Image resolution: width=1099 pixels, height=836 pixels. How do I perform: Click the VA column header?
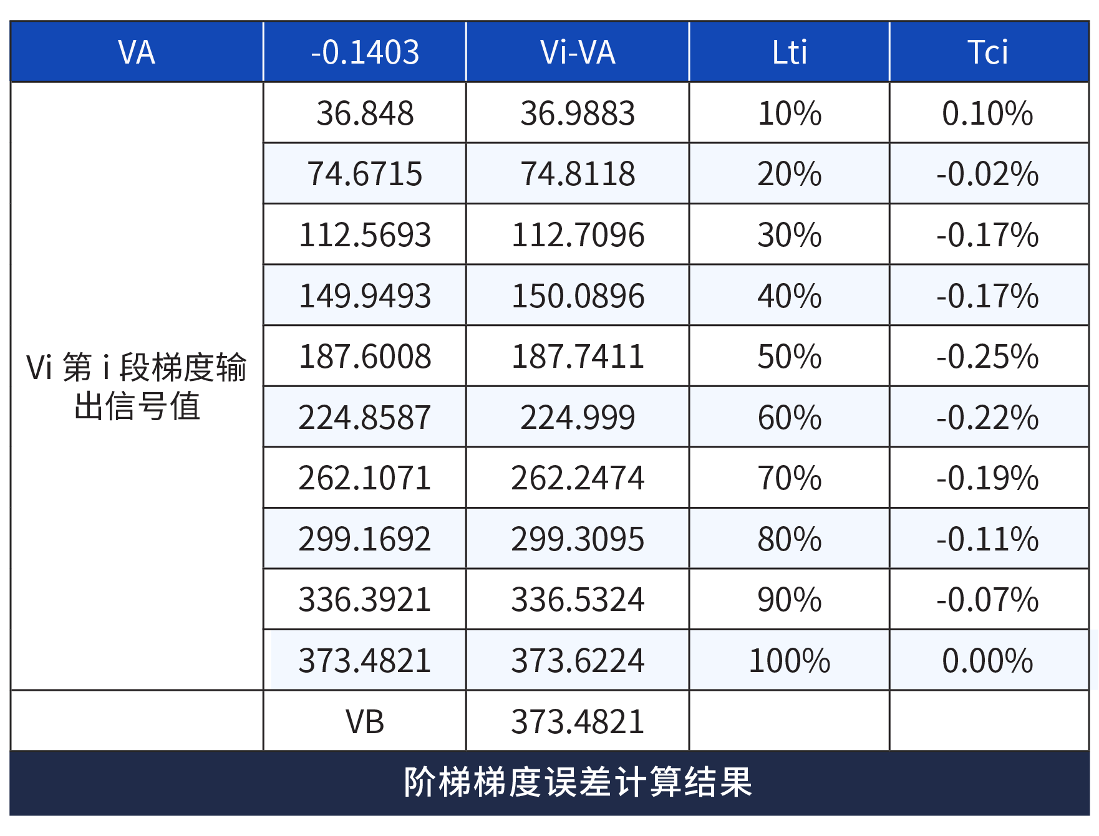coord(137,52)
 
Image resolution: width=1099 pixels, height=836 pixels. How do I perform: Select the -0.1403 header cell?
coord(365,52)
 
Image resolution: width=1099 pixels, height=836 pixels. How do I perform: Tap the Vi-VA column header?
coord(578,52)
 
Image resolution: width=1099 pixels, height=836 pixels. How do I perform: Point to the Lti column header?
coord(789,52)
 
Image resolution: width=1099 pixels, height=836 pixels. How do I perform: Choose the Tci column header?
coord(988,52)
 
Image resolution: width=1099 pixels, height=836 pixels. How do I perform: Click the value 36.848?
coord(365,113)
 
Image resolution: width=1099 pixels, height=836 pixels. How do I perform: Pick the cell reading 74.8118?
coord(578,174)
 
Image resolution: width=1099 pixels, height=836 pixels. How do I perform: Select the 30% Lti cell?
coord(789,235)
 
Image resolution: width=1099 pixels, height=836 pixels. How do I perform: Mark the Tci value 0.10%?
coord(988,113)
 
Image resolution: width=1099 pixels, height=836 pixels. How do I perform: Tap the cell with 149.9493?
coord(365,295)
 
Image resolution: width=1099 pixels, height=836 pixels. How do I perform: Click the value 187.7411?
coord(578,357)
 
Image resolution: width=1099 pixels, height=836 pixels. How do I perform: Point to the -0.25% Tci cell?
coord(988,357)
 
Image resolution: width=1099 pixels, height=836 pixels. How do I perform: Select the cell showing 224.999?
coord(578,417)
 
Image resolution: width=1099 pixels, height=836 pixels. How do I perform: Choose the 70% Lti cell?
coord(789,478)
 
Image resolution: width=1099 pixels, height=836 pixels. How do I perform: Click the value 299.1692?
coord(365,539)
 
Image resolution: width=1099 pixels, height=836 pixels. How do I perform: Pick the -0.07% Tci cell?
coord(988,600)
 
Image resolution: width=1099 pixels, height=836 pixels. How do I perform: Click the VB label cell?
coord(365,721)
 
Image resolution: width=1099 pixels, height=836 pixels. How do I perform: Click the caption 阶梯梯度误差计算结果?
coord(578,782)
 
